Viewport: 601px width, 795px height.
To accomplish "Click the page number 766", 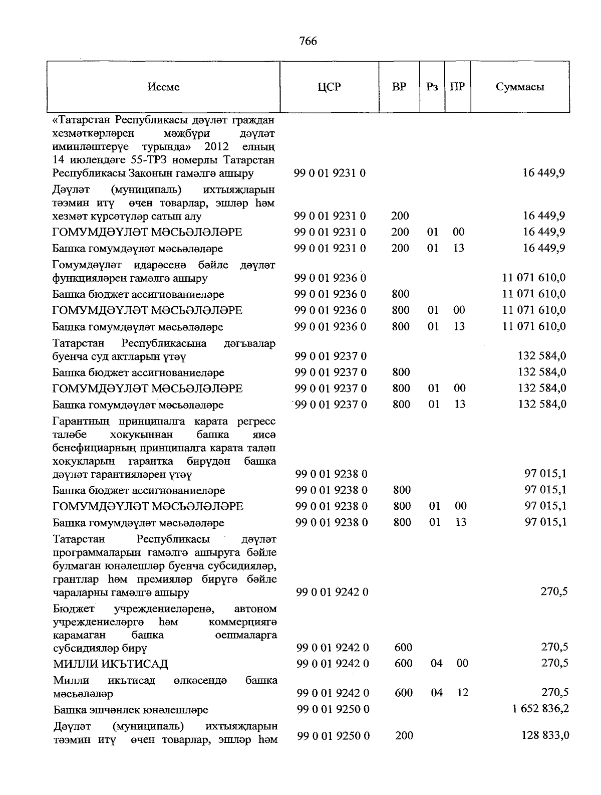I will (x=308, y=41).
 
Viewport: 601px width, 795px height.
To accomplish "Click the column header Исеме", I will (x=164, y=87).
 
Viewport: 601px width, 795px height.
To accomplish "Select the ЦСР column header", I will (x=329, y=87).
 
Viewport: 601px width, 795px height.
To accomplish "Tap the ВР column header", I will (x=399, y=87).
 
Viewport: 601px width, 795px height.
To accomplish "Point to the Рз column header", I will (x=432, y=87).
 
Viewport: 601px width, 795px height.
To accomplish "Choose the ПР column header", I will (x=457, y=87).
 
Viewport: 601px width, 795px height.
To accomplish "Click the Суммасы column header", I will (x=520, y=87).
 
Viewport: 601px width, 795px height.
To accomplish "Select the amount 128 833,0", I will (x=544, y=735).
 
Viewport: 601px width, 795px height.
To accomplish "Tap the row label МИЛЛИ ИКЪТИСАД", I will (x=111, y=664).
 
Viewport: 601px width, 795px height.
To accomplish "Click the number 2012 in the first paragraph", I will (x=217, y=147).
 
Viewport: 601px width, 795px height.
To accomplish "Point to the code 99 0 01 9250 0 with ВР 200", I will (x=333, y=735).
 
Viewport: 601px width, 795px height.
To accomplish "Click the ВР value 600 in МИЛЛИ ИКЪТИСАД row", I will (x=403, y=663).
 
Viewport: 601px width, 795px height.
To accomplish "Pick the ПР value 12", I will (x=463, y=692).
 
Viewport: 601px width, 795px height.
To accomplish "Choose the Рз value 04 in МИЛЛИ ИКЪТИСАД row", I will (x=437, y=663).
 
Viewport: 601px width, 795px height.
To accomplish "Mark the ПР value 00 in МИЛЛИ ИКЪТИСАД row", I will (x=463, y=663).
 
